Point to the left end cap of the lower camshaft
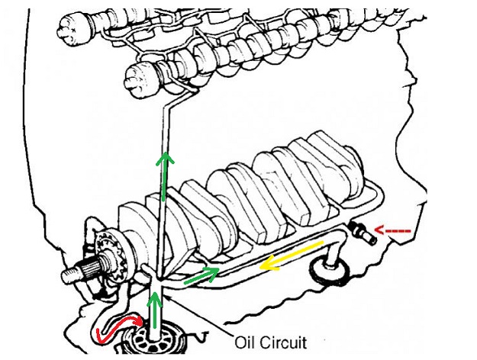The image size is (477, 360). (138, 76)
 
